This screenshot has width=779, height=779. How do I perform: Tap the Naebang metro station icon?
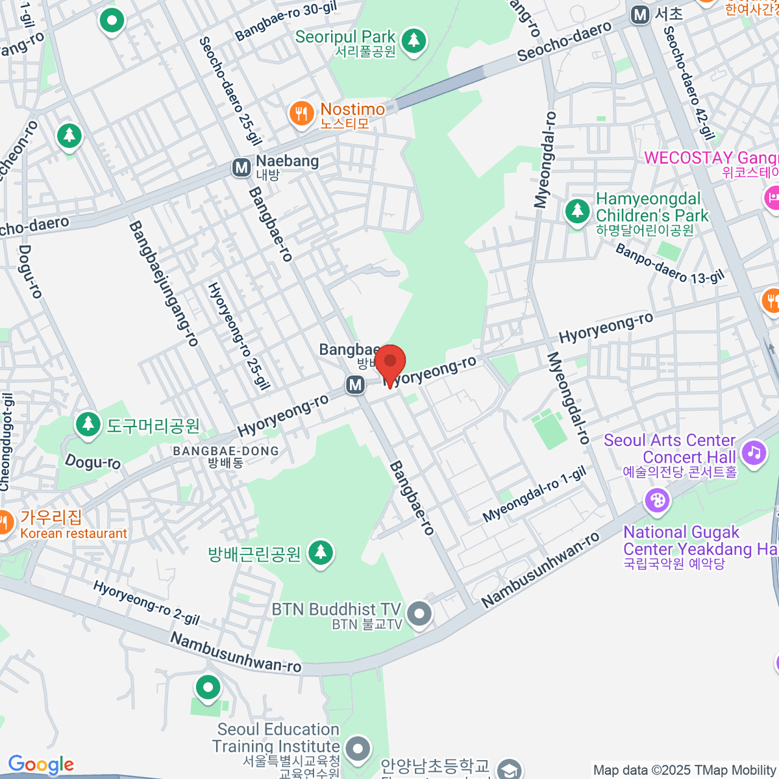[x=241, y=168]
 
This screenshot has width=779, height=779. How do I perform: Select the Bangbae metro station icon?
[x=354, y=385]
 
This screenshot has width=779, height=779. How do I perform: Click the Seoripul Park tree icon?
[x=413, y=40]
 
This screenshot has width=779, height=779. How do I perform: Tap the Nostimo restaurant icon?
[x=301, y=114]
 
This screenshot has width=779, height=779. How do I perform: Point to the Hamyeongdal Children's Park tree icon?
[x=576, y=210]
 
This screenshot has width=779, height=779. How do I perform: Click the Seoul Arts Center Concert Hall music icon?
[x=753, y=451]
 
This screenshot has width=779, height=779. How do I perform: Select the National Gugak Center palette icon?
[x=657, y=501]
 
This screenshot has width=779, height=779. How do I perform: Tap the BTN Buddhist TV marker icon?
[x=420, y=613]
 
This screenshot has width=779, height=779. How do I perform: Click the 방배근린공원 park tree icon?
[x=319, y=553]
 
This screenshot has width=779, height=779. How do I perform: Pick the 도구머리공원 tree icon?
[x=88, y=424]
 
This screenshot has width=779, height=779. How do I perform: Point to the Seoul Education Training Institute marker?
[x=357, y=748]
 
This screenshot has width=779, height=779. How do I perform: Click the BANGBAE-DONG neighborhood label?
[x=225, y=451]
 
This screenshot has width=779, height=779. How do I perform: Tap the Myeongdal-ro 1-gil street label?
[x=534, y=495]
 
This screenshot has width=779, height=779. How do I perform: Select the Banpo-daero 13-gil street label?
[x=669, y=264]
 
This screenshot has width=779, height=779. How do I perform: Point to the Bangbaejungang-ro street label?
[x=164, y=283]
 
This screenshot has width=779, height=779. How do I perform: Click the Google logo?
[x=41, y=765]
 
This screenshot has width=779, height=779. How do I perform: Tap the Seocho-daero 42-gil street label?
[x=689, y=83]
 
